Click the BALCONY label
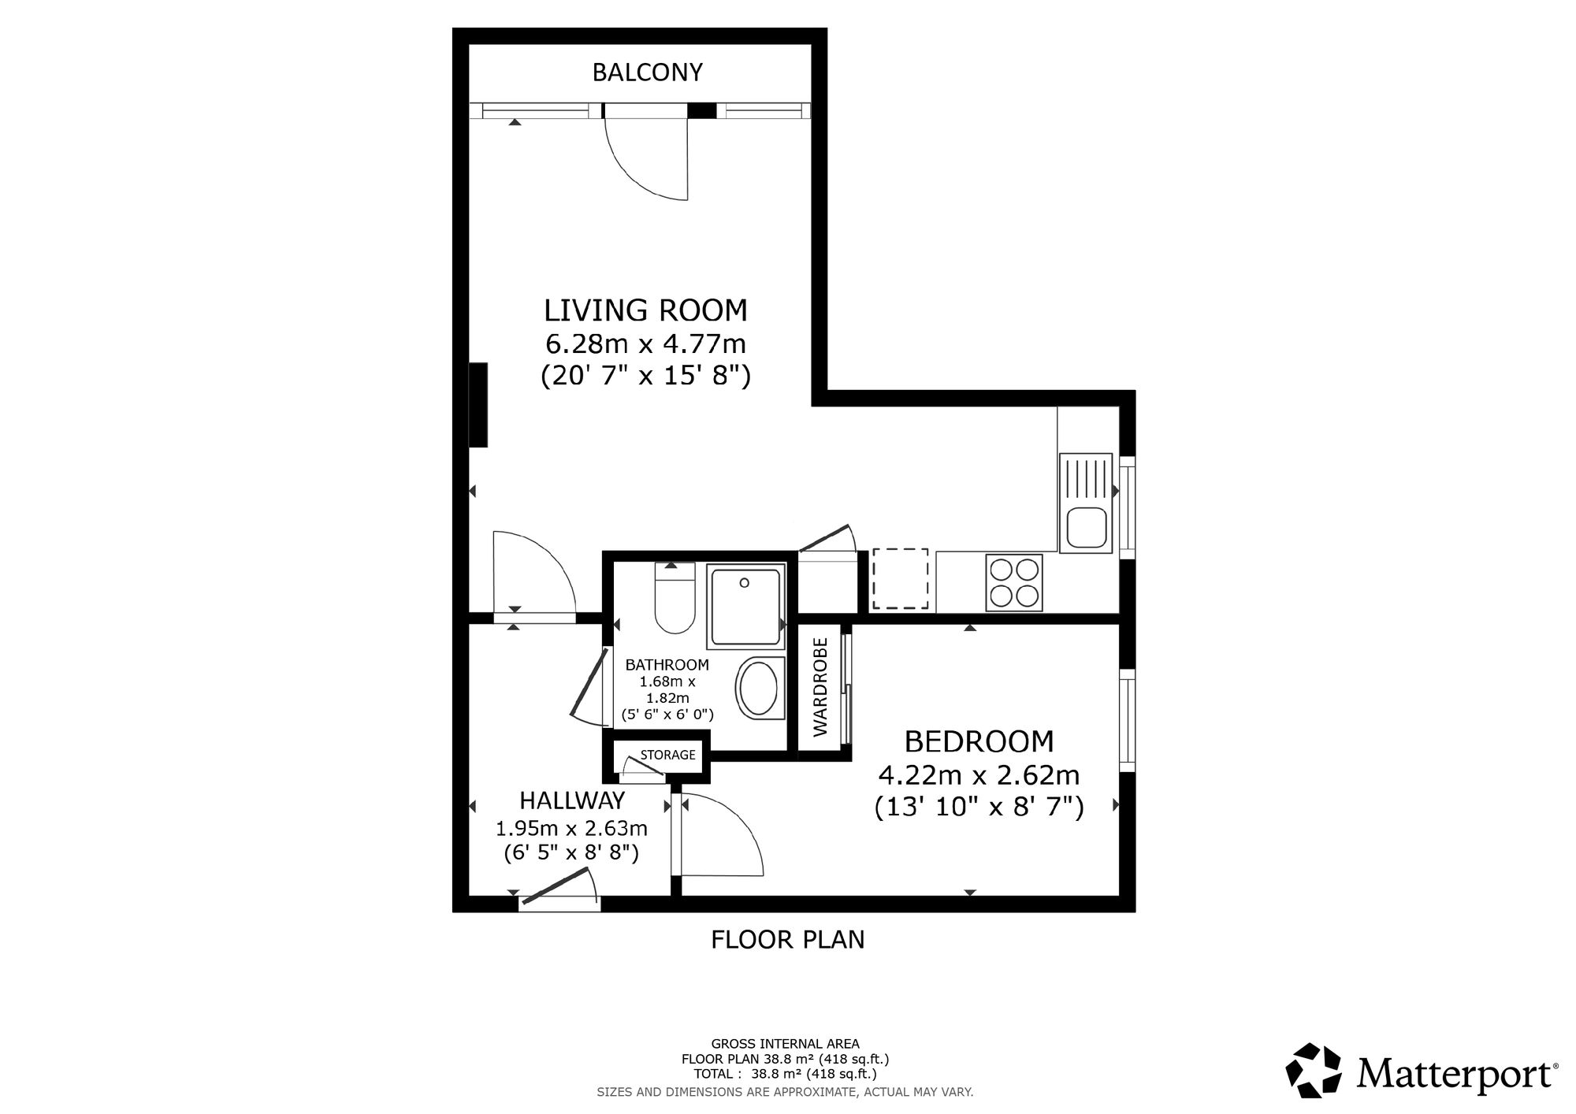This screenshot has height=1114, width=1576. point(647,72)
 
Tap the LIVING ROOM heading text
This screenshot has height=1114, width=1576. point(645,310)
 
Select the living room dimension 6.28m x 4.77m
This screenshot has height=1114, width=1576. point(645,344)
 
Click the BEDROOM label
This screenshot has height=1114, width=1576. point(979,741)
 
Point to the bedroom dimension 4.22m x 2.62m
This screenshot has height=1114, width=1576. point(979,776)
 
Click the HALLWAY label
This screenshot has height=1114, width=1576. point(572,800)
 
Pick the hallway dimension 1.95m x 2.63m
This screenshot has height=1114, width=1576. point(571,829)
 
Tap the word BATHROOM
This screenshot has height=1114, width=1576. point(667,665)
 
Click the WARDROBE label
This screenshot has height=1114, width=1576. point(820,687)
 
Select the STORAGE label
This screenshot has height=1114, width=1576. point(667,755)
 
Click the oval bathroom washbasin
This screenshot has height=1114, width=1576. point(760,688)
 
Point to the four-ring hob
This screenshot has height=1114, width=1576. point(1014,582)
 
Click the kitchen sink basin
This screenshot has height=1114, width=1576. point(1086,527)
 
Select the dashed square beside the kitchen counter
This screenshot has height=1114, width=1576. point(899,578)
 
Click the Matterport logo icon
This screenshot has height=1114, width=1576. point(1314,1071)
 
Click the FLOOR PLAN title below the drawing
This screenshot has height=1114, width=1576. point(788,940)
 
